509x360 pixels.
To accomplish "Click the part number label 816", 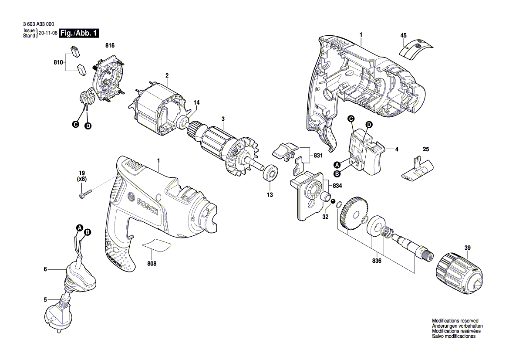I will click(x=109, y=46).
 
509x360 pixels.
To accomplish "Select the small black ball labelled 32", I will click(x=333, y=201).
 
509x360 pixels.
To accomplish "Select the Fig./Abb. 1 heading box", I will click(x=79, y=34).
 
